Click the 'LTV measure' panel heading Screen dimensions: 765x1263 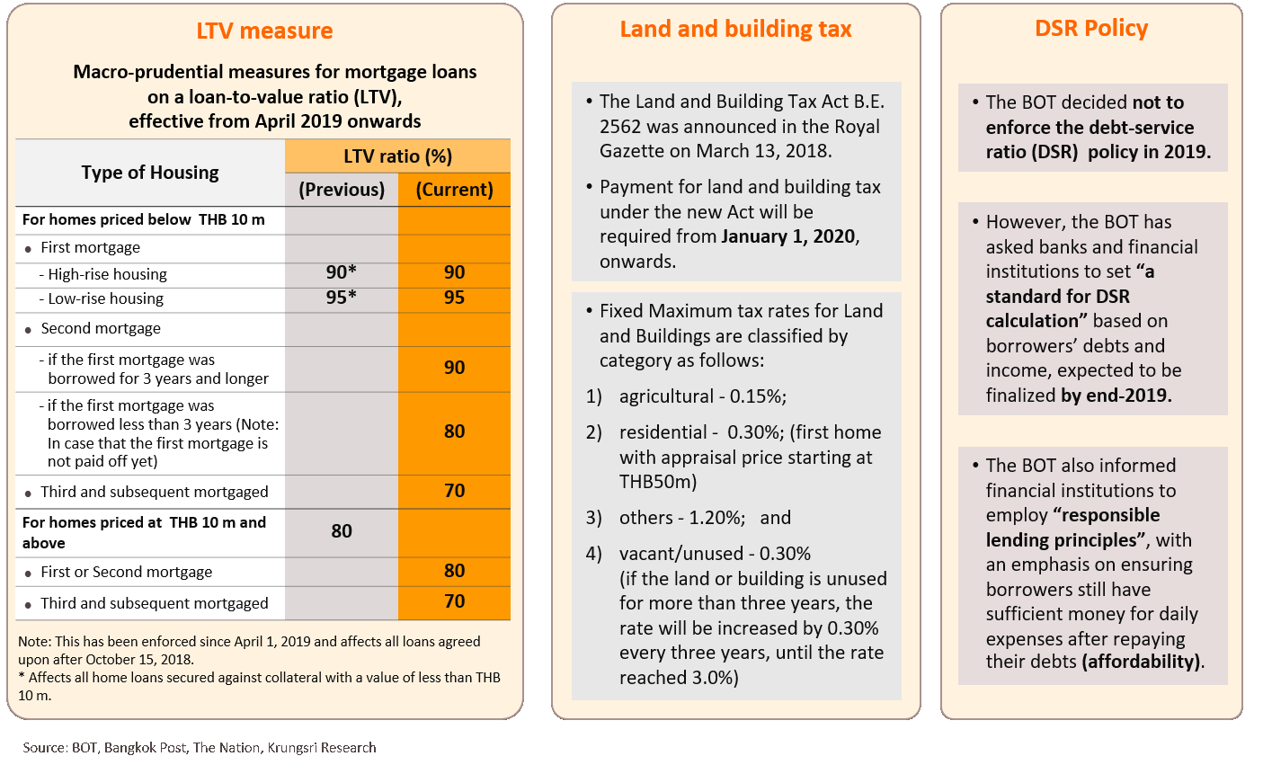coord(264,31)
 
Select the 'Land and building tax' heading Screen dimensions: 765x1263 coord(735,29)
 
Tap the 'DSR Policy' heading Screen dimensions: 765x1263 coord(1091,28)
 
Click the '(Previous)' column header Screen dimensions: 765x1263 coord(342,190)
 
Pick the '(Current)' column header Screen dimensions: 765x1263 coord(454,190)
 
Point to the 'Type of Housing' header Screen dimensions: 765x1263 coord(150,173)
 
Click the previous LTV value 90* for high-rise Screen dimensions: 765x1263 coord(342,272)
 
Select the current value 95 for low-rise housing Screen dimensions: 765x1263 coord(454,298)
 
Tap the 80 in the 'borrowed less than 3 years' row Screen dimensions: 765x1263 coord(454,431)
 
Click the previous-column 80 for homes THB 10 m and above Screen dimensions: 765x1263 coord(342,531)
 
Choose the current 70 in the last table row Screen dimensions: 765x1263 coord(454,601)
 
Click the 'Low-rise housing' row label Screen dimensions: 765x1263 coord(106,298)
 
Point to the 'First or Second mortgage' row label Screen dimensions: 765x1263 coord(127,572)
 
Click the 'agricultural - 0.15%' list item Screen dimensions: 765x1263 coord(702,396)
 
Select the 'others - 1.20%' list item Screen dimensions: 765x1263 coord(681,518)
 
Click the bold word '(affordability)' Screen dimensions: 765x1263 coord(1143,662)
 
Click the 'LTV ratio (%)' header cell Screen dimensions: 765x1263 coord(397,156)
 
